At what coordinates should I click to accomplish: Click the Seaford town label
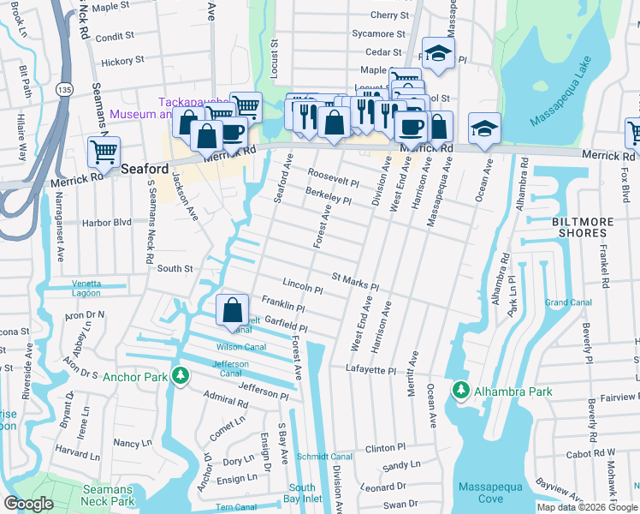pyautogui.click(x=145, y=169)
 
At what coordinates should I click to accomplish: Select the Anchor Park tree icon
pyautogui.click(x=180, y=375)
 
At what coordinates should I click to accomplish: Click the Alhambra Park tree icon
pyautogui.click(x=460, y=391)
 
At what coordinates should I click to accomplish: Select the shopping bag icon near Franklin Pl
pyautogui.click(x=233, y=310)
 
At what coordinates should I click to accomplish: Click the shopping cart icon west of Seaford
pyautogui.click(x=104, y=152)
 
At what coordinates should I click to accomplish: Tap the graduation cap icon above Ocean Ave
pyautogui.click(x=485, y=128)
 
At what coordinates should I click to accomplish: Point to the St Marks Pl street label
pyautogui.click(x=354, y=282)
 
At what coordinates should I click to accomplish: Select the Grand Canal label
pyautogui.click(x=568, y=302)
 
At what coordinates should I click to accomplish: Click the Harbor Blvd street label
pyautogui.click(x=106, y=222)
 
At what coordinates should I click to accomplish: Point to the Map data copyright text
pyautogui.click(x=586, y=507)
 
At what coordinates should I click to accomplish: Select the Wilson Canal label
pyautogui.click(x=240, y=347)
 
